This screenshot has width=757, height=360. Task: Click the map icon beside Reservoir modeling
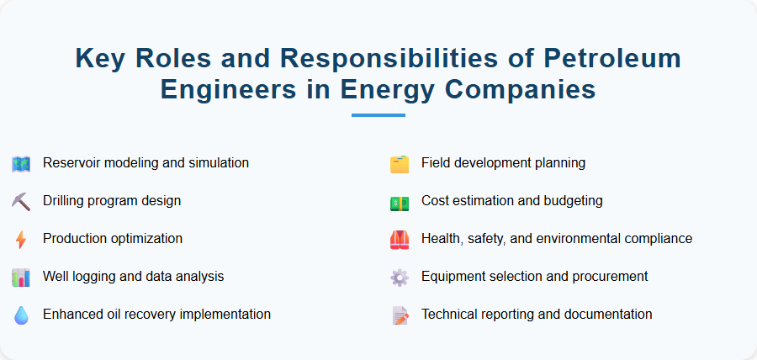[21, 163]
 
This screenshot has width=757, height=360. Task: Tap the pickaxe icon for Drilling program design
[21, 201]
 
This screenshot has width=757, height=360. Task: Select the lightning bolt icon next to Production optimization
[21, 239]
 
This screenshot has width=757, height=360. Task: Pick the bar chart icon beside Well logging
[21, 277]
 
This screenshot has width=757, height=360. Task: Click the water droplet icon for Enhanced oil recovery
[21, 315]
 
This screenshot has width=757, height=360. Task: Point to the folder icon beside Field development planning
[400, 163]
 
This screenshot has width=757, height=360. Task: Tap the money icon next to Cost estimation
[400, 201]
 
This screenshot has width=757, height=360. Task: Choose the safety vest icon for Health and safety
[400, 239]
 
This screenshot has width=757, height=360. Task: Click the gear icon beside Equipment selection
[400, 277]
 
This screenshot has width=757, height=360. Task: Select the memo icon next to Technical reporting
[400, 315]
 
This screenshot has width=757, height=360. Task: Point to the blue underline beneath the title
[378, 115]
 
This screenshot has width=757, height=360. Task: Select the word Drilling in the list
[66, 200]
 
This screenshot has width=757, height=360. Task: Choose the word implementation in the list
[222, 314]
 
